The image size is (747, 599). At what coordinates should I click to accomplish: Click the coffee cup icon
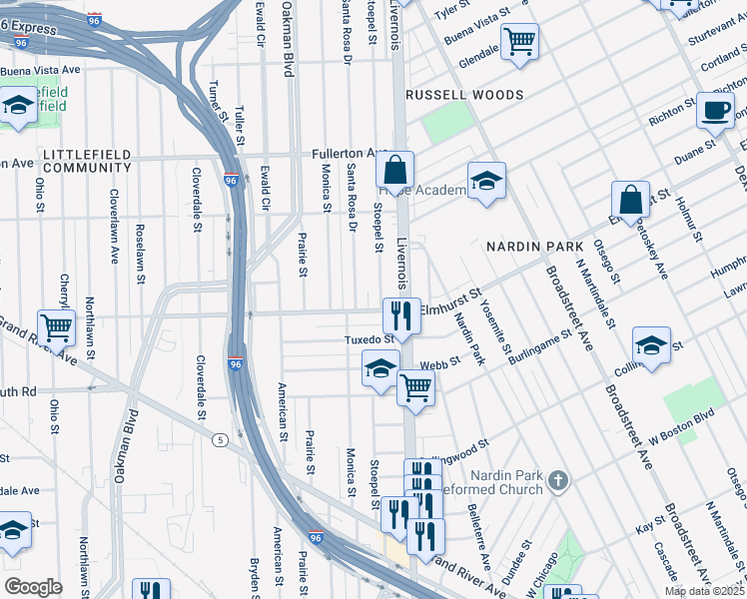715,110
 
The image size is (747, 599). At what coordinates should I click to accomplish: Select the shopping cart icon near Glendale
519,42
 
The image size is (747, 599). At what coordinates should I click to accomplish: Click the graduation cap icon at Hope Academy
486,181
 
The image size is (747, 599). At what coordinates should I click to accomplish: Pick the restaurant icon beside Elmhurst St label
401,316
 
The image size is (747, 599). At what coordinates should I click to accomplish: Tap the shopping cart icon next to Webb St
415,387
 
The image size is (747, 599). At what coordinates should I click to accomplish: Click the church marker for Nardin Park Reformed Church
558,481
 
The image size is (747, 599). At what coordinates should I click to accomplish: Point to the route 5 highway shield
217,438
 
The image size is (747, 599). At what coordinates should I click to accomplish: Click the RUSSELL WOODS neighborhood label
463,95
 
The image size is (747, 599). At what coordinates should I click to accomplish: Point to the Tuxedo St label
364,339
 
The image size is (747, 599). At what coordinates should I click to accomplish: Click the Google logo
33,586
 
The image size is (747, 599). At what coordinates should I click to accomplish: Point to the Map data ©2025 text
704,591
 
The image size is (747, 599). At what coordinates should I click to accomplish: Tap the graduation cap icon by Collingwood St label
651,344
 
